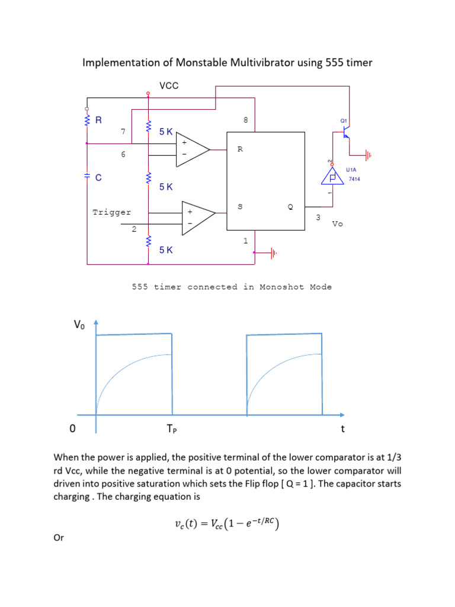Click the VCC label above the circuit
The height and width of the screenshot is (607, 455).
click(x=169, y=86)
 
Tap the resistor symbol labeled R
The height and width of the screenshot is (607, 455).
click(x=88, y=120)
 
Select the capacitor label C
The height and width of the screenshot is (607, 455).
click(x=98, y=177)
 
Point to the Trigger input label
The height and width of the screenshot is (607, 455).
click(x=112, y=212)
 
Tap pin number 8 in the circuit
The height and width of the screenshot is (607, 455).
click(x=245, y=120)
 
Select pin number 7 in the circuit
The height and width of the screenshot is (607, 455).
click(x=123, y=131)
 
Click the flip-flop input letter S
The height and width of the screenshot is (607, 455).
click(x=239, y=207)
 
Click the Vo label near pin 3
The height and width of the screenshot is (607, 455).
click(x=337, y=224)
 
